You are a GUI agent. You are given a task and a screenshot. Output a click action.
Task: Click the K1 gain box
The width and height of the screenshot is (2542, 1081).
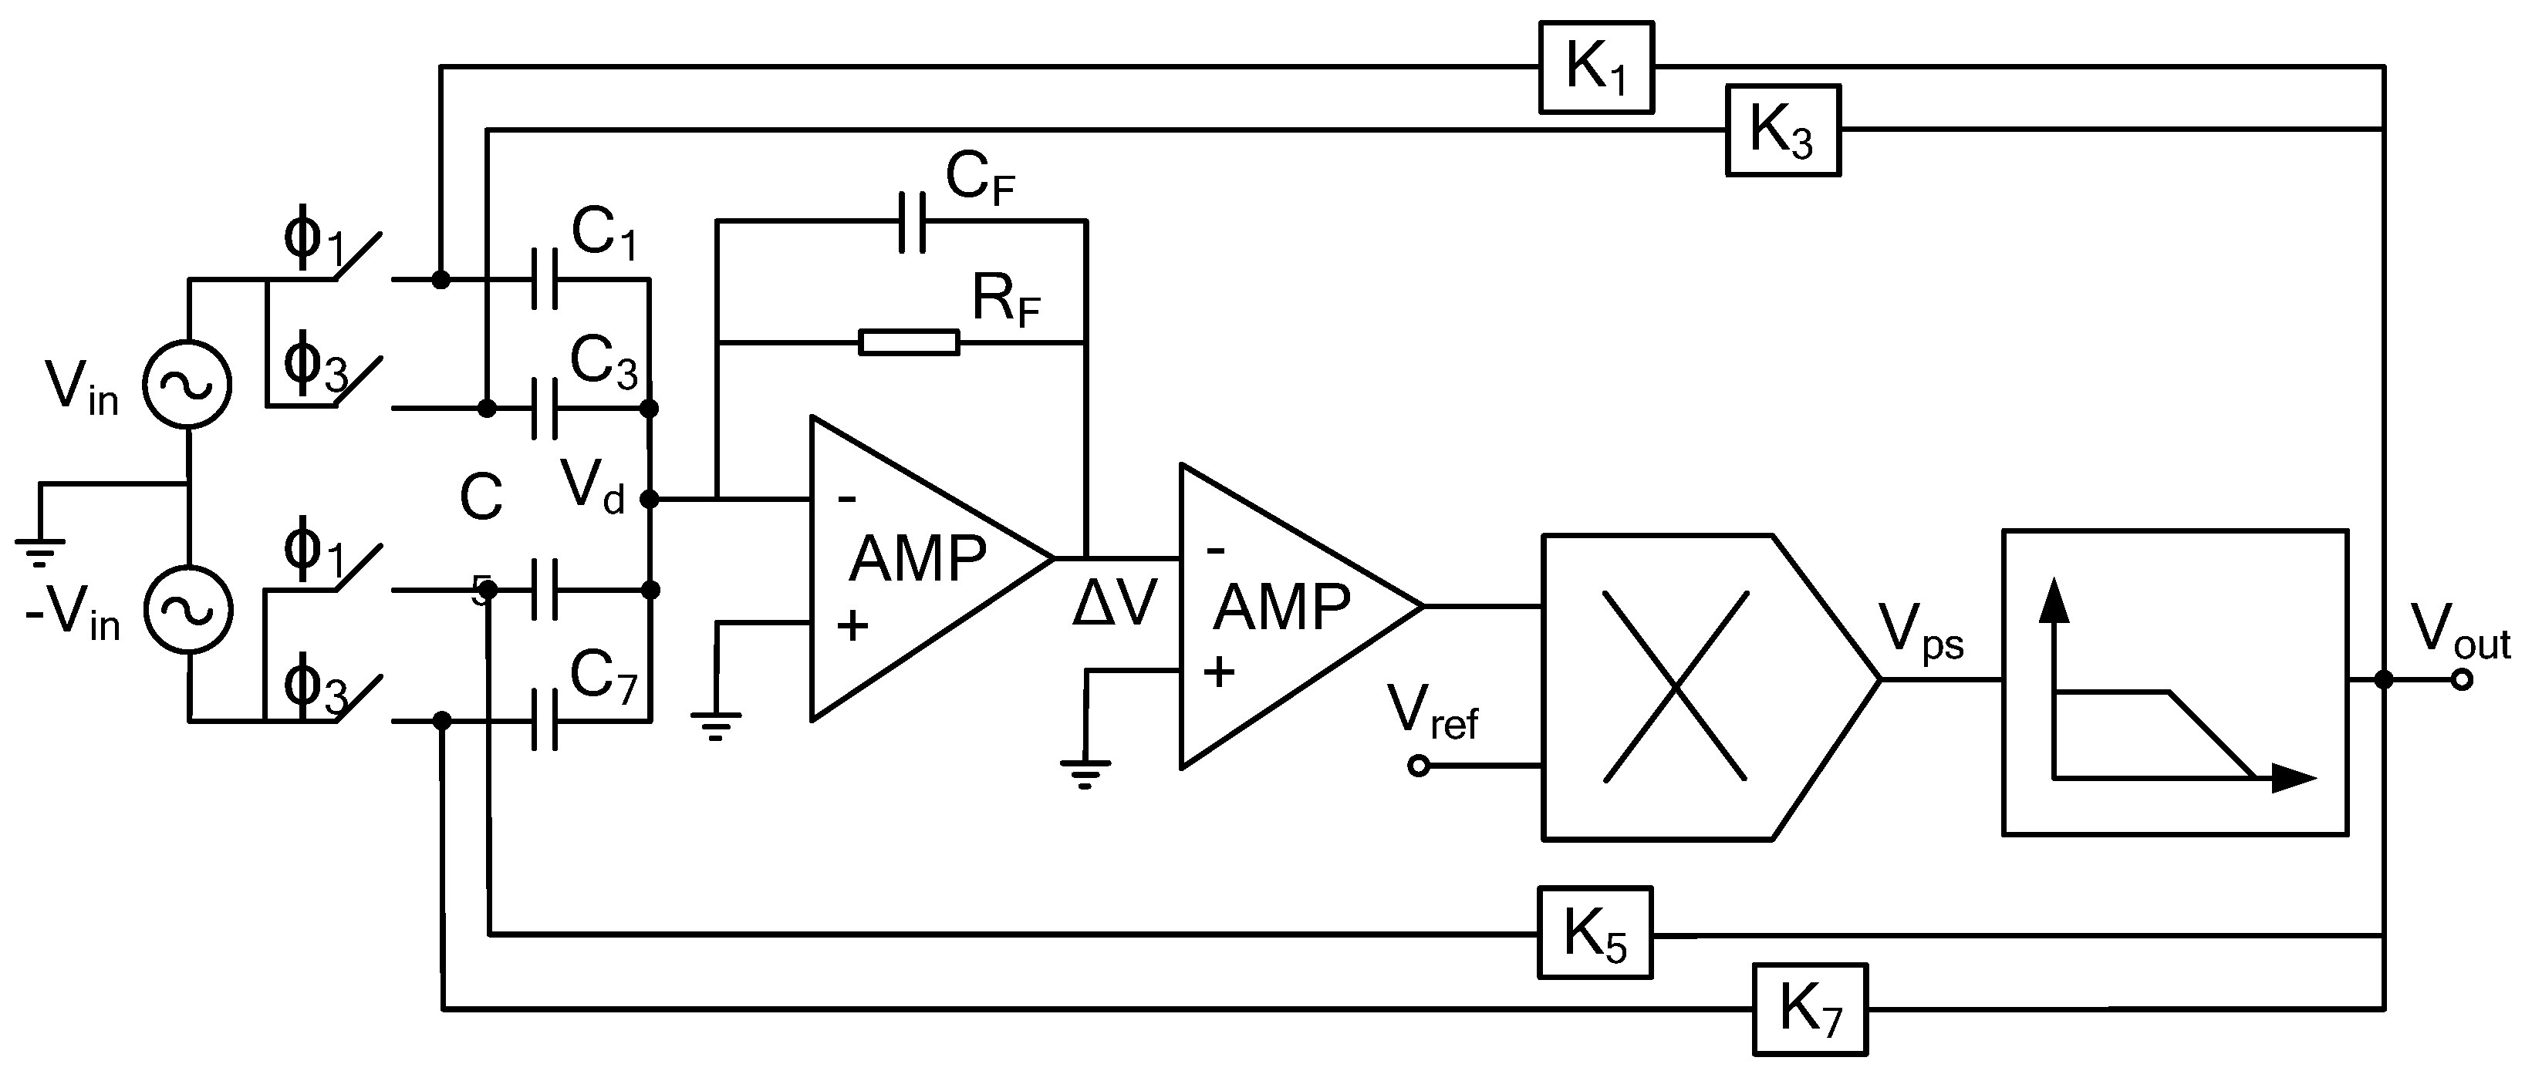click(x=1595, y=67)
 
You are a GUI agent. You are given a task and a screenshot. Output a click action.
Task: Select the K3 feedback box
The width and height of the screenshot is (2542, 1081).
click(x=1782, y=130)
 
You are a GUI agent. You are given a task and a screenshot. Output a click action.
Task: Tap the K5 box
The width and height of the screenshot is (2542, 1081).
click(x=1594, y=932)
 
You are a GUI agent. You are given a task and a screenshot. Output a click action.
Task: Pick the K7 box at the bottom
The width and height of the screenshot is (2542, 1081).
click(x=1810, y=1009)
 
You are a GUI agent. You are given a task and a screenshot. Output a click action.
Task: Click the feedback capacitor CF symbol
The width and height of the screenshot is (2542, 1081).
click(x=912, y=222)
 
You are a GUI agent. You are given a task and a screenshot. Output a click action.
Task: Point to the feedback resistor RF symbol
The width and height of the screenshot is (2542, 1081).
click(x=908, y=342)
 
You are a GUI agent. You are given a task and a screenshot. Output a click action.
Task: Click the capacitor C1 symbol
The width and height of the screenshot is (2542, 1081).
click(x=544, y=279)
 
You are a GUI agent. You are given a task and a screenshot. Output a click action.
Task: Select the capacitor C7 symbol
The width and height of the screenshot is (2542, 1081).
click(x=544, y=721)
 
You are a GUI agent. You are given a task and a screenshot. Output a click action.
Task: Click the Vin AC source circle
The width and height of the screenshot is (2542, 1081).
click(x=187, y=385)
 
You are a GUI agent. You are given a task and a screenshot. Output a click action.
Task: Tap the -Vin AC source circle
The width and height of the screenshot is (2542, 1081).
click(x=187, y=608)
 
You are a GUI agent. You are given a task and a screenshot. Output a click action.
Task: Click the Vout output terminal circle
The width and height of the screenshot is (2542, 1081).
click(x=2461, y=679)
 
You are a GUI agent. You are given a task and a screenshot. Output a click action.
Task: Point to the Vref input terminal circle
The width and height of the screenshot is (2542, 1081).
click(x=1418, y=766)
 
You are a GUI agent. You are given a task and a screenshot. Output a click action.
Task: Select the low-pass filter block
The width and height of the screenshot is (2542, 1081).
click(x=2174, y=682)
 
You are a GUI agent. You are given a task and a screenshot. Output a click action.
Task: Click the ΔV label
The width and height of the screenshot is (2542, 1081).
click(x=1113, y=604)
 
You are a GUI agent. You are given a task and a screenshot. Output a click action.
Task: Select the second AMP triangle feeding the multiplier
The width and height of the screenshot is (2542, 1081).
click(x=1283, y=614)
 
